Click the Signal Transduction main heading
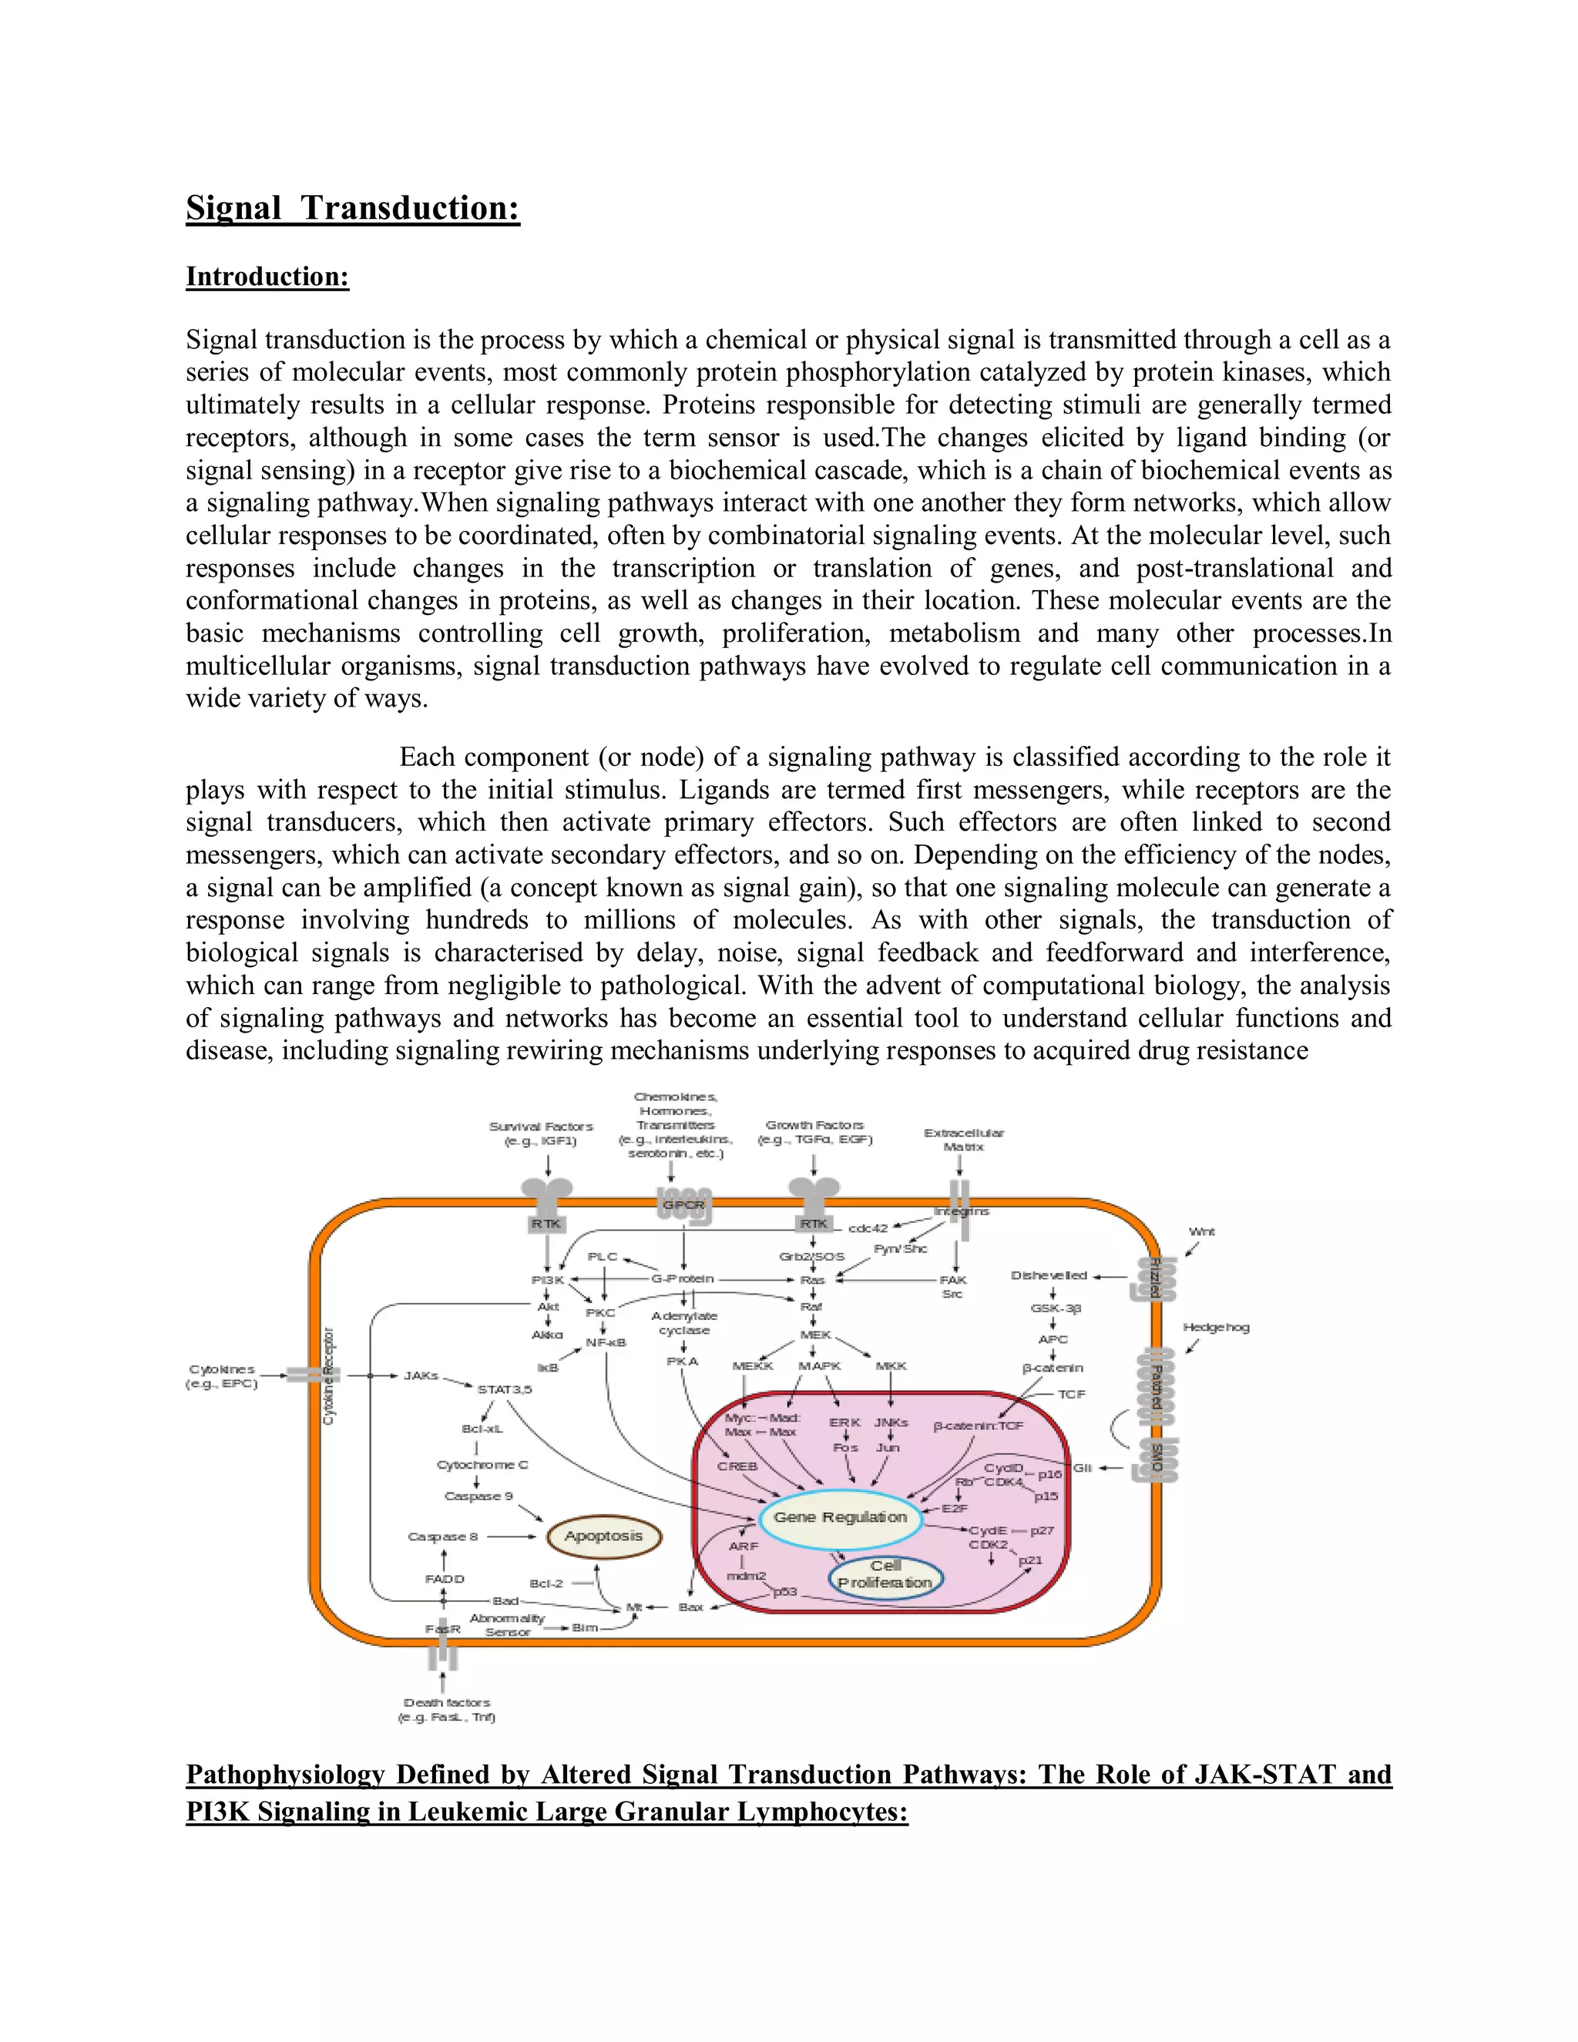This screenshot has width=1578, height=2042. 352,207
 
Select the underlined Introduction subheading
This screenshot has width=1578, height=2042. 267,277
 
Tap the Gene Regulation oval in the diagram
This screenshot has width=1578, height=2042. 840,1516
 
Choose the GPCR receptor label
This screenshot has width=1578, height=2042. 683,1204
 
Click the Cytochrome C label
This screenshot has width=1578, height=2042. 482,1464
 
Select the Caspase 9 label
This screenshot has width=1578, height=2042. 478,1496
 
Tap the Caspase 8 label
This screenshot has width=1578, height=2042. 443,1537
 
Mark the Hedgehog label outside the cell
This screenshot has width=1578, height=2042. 1215,1327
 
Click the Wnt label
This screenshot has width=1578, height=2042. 1201,1231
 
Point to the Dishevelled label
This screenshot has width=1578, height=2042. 1049,1275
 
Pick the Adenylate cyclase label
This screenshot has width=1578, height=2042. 684,1322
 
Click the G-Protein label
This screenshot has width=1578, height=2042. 683,1278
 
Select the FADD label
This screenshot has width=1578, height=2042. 444,1578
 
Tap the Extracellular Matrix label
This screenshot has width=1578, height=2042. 964,1139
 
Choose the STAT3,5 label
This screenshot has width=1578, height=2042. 505,1389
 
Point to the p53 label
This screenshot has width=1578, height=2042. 785,1591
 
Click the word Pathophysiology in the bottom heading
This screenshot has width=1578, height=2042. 285,1775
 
